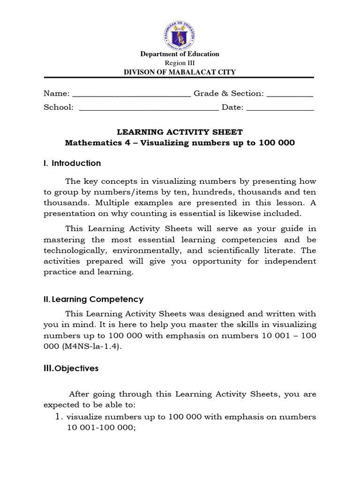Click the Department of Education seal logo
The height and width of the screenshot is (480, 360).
click(x=180, y=34)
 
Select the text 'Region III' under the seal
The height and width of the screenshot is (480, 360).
click(x=180, y=63)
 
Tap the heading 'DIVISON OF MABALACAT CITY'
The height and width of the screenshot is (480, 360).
click(x=180, y=72)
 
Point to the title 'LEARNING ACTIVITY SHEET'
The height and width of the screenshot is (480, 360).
click(x=180, y=132)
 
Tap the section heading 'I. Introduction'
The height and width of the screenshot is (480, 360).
click(x=72, y=163)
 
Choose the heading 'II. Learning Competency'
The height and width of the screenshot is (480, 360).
click(x=93, y=299)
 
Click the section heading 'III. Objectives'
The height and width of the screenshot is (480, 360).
click(x=71, y=368)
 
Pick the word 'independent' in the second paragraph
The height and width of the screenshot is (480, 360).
click(x=290, y=261)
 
